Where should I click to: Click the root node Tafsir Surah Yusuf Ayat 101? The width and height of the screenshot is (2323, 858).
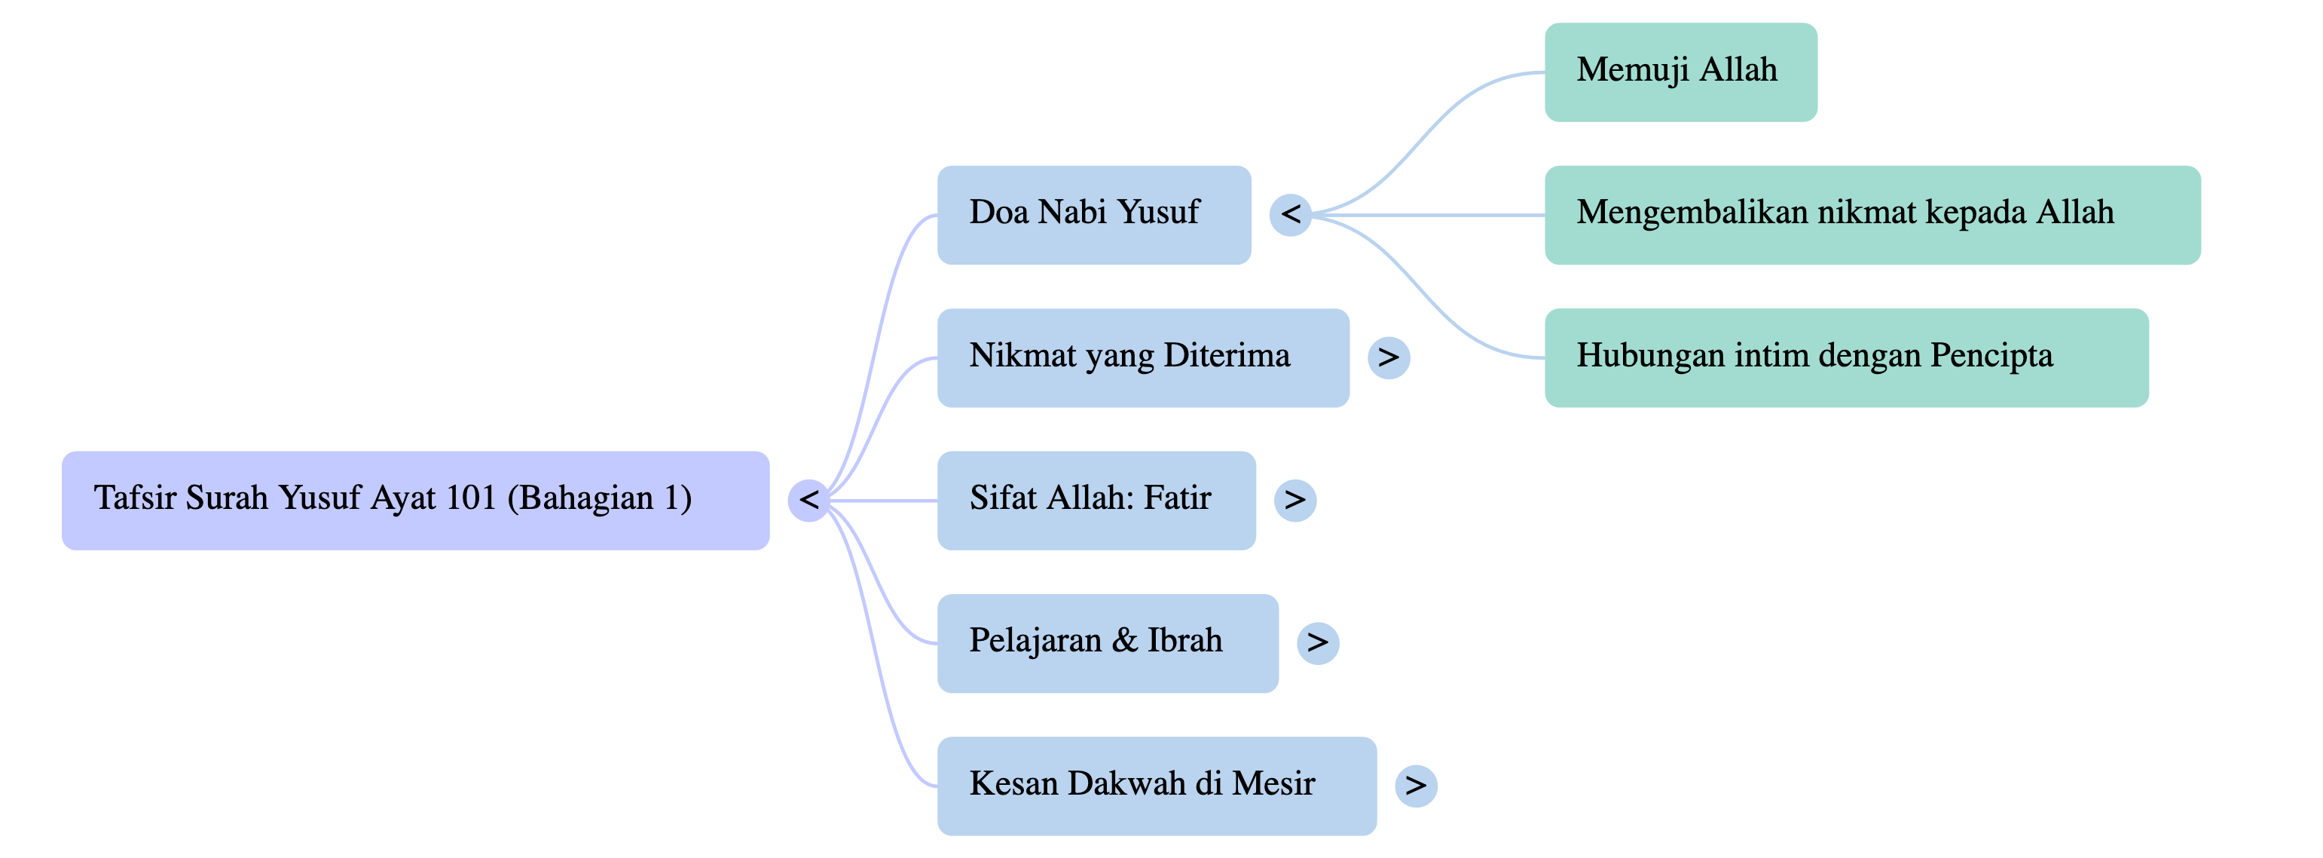(415, 500)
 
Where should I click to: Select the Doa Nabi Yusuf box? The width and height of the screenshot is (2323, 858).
(1094, 215)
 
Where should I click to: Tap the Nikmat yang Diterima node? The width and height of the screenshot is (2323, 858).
(1142, 357)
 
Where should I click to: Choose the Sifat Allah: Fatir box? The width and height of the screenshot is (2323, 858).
(1096, 500)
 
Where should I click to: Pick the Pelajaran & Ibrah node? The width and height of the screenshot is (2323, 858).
(1108, 643)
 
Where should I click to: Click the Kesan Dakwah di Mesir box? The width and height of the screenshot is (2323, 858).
(1156, 786)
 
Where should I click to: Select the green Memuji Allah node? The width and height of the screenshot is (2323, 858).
(1680, 72)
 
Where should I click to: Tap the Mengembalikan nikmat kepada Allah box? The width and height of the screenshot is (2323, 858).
(1872, 215)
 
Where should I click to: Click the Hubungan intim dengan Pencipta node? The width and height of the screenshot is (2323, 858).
(1846, 357)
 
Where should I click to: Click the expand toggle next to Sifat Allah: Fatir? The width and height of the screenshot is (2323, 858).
(1295, 500)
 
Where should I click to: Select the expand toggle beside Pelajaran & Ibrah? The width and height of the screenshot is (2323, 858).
(1318, 643)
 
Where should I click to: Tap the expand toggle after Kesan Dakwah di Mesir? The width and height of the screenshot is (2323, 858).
(1416, 786)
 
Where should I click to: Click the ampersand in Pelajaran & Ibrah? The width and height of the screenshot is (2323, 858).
(1123, 641)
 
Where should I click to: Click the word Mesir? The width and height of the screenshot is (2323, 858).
(1273, 783)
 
